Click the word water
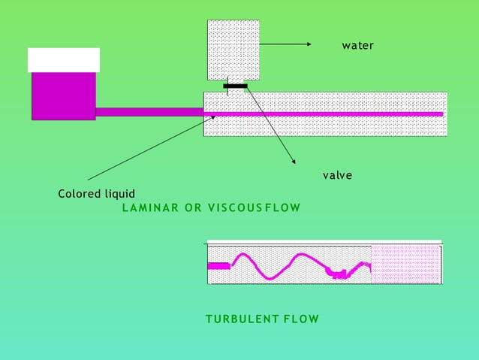[357, 46]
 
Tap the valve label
[337, 175]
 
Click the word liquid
[120, 194]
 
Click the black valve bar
[235, 86]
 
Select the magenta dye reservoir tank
[63, 95]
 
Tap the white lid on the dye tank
[63, 59]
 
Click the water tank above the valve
[233, 49]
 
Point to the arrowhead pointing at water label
[308, 45]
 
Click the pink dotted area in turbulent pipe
[405, 265]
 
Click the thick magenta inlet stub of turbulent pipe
[218, 265]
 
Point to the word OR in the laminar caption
[193, 207]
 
